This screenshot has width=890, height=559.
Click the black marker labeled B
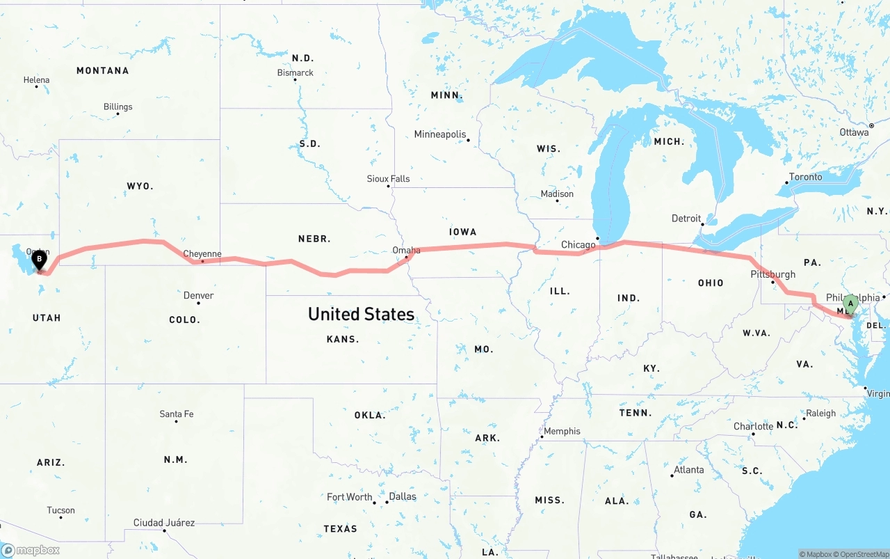(40, 260)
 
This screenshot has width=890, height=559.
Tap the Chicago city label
(578, 244)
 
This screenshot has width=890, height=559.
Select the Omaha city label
(406, 250)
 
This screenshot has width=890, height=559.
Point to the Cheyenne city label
(202, 254)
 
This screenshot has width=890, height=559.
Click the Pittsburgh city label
(772, 274)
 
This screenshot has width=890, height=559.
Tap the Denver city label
(198, 295)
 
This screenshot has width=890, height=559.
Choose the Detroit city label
(686, 219)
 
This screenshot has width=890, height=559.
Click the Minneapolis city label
(440, 134)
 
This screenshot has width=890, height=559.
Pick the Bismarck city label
(296, 72)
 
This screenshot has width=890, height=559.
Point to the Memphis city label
(562, 431)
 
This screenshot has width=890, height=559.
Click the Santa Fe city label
(177, 414)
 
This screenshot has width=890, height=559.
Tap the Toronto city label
(806, 177)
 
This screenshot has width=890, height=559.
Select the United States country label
(362, 314)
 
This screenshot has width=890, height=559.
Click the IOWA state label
(463, 232)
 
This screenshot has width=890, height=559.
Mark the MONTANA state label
(103, 70)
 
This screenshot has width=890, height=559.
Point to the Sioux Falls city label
(389, 179)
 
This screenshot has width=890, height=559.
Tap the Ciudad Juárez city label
(164, 523)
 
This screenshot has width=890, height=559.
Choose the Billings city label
(118, 107)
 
